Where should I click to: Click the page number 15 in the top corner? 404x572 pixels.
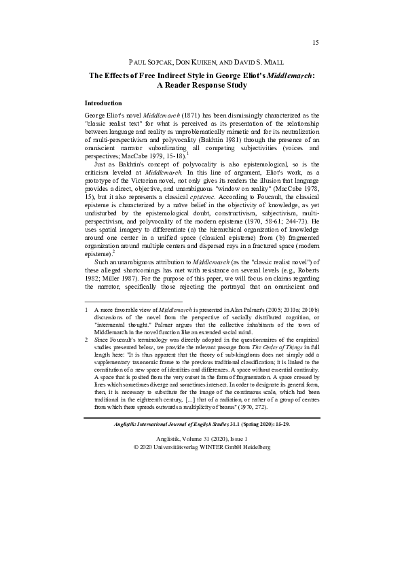pyautogui.click(x=315, y=43)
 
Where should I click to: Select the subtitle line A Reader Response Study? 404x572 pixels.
pyautogui.click(x=202, y=86)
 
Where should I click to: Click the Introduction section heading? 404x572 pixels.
pyautogui.click(x=105, y=103)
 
